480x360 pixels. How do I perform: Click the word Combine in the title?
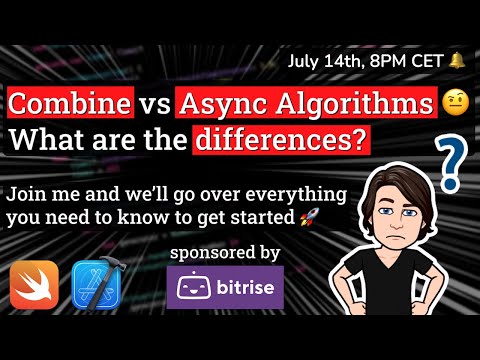tap(68, 104)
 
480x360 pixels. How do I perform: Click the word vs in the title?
tap(153, 104)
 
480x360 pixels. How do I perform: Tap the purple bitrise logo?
tap(225, 288)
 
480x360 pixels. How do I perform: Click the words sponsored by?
tap(225, 251)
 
